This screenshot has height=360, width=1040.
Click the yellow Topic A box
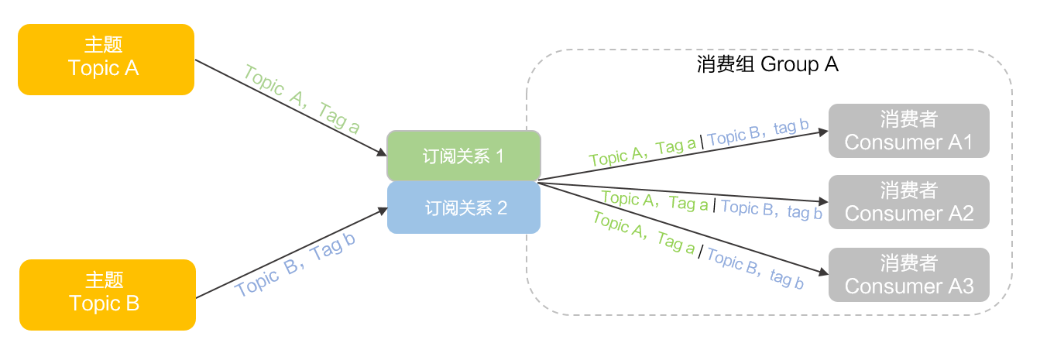click(x=105, y=59)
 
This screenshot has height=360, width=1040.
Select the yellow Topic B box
click(x=107, y=295)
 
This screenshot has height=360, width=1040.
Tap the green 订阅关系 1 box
click(x=463, y=156)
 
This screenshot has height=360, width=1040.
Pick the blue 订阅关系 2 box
click(x=463, y=207)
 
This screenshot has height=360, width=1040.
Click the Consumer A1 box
click(x=908, y=131)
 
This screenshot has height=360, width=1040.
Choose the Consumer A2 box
click(x=908, y=202)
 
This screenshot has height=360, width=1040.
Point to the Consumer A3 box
click(x=908, y=275)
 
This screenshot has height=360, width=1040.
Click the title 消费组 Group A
click(x=767, y=65)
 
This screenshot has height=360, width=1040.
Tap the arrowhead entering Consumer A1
click(x=822, y=132)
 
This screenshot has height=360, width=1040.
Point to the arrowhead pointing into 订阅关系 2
click(x=381, y=210)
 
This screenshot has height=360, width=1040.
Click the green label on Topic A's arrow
click(x=301, y=100)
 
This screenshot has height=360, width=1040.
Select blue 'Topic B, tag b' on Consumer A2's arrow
click(x=771, y=209)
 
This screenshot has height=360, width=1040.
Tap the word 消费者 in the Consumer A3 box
click(x=908, y=263)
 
